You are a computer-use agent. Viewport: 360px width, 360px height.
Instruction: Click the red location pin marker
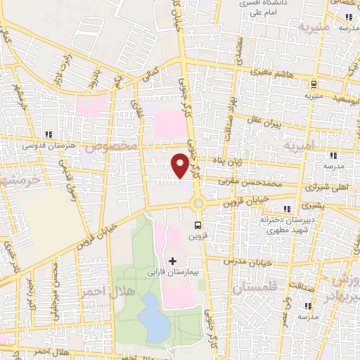tap(180, 165)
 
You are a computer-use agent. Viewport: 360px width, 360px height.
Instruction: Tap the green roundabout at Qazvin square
tap(198, 205)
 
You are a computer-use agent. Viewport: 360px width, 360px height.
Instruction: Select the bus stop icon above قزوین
tap(198, 226)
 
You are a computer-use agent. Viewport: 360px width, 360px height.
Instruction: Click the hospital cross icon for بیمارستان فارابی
tap(173, 262)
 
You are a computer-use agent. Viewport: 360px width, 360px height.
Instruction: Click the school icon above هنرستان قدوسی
tap(49, 134)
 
